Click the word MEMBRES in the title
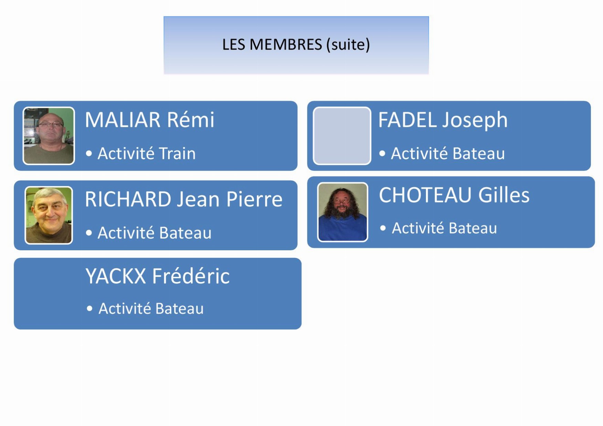coord(286,45)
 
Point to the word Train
coord(177,153)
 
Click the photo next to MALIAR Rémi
coord(48,136)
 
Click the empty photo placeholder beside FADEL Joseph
coord(342,136)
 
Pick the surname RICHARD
coord(128,199)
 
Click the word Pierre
coord(254,199)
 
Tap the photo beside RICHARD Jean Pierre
coord(49,215)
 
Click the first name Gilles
coord(504,195)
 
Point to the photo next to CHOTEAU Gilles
coord(342,212)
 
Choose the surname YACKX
coord(116,276)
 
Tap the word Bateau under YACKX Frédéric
coord(179,308)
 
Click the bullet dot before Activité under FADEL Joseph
coord(382,154)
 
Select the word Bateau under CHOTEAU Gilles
coord(473,228)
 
